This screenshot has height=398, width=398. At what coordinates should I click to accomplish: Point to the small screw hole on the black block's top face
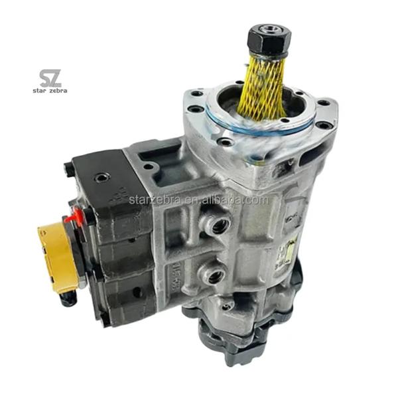tap(101, 178)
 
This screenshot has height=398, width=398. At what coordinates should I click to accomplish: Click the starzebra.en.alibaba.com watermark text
tap(199, 199)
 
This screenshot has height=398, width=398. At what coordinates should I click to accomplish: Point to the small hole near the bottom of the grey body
tap(230, 304)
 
